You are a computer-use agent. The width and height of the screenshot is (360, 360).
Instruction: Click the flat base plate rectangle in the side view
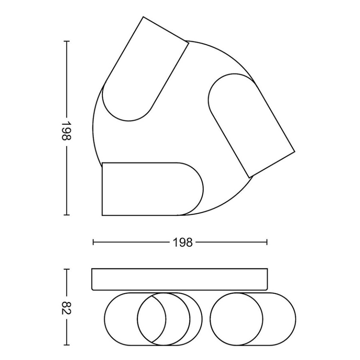179,279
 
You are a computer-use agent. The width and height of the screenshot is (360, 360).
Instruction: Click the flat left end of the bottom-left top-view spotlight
102,189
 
